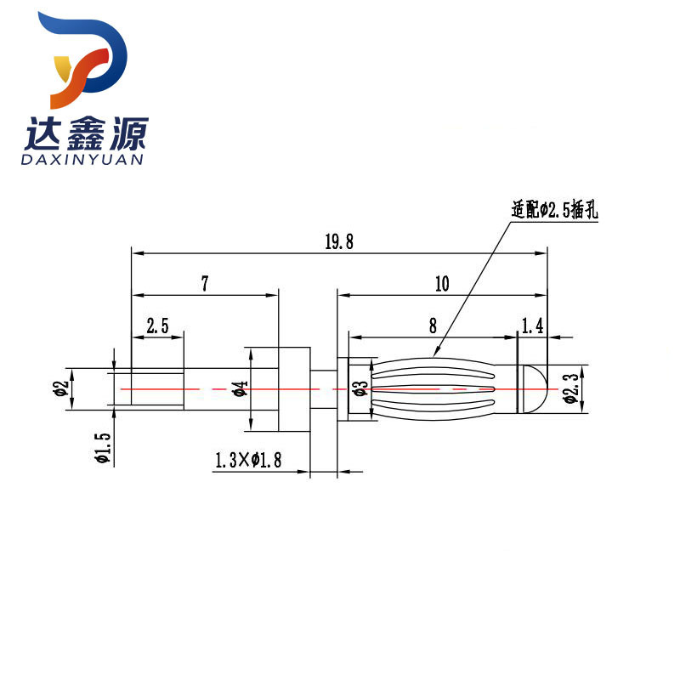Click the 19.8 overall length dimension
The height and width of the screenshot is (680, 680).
338,242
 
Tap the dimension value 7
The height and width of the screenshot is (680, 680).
205,284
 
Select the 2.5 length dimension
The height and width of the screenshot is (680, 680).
158,326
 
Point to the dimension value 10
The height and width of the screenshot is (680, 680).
441,284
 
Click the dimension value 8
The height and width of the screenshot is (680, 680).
433,325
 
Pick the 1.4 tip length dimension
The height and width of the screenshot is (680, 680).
533,325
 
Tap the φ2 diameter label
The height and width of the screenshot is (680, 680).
59,389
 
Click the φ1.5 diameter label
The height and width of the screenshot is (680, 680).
102,446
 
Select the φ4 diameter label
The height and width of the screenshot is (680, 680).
241,389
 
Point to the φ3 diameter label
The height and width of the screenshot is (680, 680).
360,388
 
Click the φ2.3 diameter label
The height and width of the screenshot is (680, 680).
571,390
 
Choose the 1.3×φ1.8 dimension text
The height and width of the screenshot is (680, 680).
248,461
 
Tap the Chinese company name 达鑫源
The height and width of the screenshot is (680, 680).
88,132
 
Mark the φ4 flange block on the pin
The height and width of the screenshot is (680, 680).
292,389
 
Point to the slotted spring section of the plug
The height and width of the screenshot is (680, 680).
433,388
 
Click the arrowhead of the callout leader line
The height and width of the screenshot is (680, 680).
436,352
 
